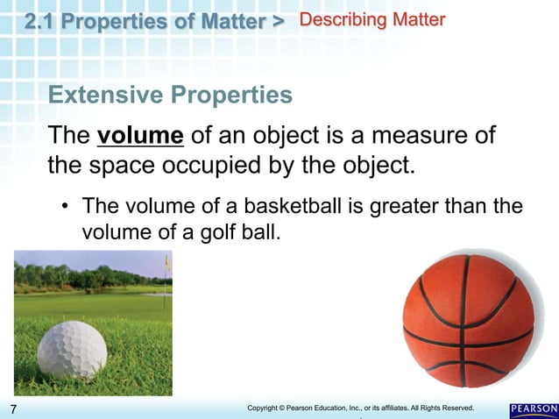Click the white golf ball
point(72,349)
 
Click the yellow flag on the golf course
point(166,261)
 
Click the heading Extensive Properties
point(170,95)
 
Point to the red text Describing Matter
point(372,19)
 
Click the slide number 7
point(14,409)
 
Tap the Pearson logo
point(533,409)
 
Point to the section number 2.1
point(41,20)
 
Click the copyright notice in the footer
point(360,408)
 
